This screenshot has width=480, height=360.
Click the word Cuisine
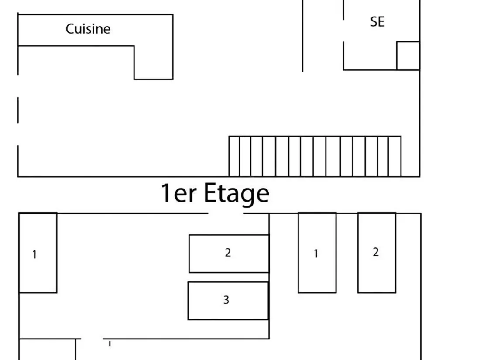pos(88,29)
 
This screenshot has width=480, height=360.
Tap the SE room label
pos(377,22)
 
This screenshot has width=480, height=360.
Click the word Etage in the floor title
pos(237,193)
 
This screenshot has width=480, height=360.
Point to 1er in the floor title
pos(179,193)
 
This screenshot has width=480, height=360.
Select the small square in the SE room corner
pos(408,56)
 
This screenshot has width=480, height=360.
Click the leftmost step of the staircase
pos(234,156)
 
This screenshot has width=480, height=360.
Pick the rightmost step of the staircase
pos(395,156)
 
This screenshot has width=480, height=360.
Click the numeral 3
pos(226,300)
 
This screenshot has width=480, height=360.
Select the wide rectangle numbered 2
pos(229,254)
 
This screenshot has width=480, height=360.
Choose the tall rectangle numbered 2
pos(377,253)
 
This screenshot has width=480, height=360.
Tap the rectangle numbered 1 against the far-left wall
pos(38,253)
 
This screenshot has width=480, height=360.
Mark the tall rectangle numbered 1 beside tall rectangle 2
pos(317,253)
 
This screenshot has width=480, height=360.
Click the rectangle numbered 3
pos(228,301)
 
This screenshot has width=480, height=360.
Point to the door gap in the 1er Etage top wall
pos(226,213)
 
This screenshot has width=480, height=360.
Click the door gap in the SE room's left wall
pos(343,31)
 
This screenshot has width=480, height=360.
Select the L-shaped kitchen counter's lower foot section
pos(153,63)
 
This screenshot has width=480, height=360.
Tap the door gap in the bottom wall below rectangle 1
pos(92,339)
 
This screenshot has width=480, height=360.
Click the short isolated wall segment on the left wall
pos(18,110)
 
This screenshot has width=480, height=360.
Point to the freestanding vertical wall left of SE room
pos(303,36)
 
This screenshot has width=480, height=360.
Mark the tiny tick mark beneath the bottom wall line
pos(110,344)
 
